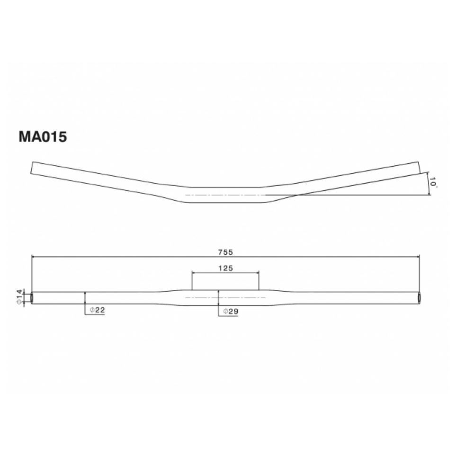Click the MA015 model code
(43, 137)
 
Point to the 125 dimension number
(225, 268)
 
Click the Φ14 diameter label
(19, 297)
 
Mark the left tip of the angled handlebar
(32, 168)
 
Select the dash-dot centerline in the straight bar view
(225, 298)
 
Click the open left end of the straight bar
(32, 298)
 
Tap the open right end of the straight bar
(420, 298)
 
